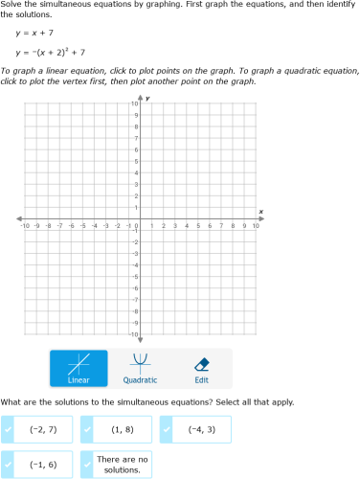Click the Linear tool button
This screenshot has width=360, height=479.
(79, 368)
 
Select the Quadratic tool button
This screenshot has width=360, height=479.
(141, 368)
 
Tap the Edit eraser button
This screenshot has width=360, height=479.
(201, 368)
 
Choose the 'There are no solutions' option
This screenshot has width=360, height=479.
(123, 465)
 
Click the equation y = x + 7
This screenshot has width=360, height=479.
(34, 33)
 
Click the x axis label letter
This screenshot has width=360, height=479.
(260, 211)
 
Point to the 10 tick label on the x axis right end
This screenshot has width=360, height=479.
(256, 226)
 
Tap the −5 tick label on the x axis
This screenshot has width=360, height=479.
(82, 226)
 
